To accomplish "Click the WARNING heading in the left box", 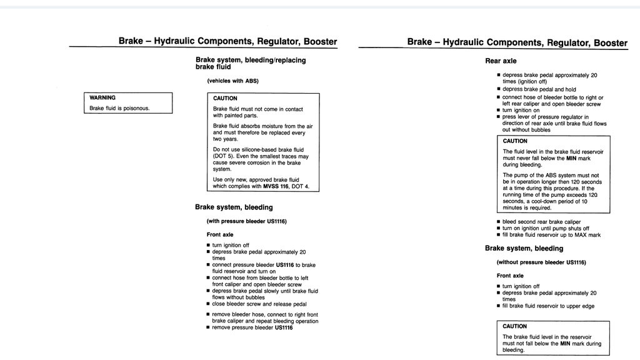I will point(102,97).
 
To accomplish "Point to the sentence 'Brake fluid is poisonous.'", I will point(119,108).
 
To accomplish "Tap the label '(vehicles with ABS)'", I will point(232,81).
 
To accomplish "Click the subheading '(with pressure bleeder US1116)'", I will point(246,221).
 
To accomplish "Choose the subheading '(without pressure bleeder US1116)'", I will point(541,262).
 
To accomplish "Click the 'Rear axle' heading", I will point(501,61).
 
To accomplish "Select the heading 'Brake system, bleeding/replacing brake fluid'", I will point(250,63).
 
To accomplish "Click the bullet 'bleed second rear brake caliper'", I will point(541,222).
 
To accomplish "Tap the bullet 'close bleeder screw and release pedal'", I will point(259,304).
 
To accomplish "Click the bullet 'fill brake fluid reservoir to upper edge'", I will point(548,306).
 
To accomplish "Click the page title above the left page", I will point(227,42).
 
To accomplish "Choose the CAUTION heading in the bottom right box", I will point(514,326).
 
